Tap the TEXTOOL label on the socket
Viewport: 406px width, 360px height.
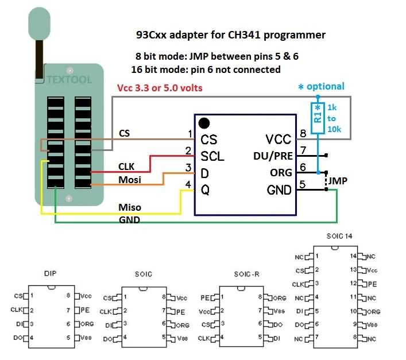click(69, 80)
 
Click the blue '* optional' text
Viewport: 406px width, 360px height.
click(321, 87)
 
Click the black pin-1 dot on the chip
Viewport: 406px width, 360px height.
click(203, 123)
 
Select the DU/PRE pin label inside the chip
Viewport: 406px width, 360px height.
click(273, 156)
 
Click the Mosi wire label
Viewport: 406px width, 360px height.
click(130, 180)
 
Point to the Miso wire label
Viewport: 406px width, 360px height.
click(129, 207)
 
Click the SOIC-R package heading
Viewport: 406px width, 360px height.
click(247, 274)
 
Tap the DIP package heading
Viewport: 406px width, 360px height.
click(50, 274)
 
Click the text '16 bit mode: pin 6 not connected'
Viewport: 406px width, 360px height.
click(206, 69)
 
